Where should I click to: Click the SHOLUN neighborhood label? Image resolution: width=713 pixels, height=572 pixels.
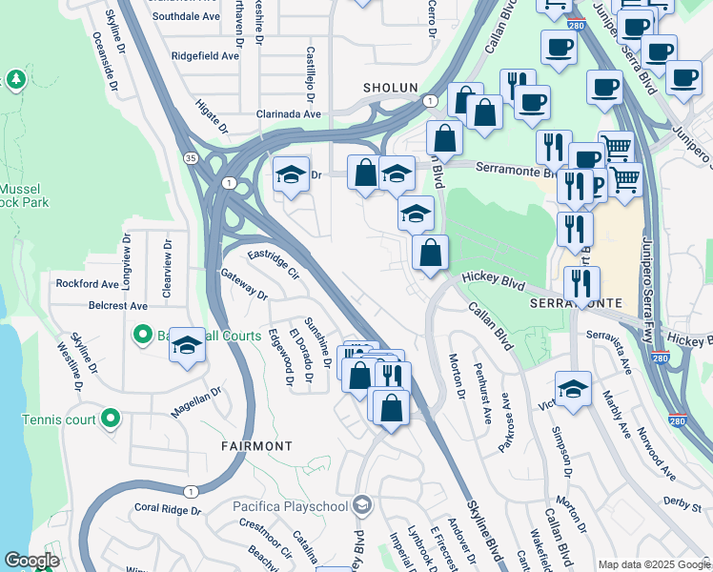coord(390,88)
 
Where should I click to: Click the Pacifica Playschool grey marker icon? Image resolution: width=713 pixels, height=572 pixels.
coord(361,503)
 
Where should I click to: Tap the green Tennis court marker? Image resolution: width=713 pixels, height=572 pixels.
coord(111,418)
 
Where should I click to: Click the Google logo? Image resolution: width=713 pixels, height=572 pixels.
coord(31,561)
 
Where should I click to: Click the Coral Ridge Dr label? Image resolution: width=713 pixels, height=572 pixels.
coord(168,509)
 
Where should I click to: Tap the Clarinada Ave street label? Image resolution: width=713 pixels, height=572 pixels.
coord(288,113)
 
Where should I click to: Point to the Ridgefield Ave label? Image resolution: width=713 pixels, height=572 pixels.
coord(204,56)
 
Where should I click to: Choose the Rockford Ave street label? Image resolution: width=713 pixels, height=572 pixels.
coord(87,284)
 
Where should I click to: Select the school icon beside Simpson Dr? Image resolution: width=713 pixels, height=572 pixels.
coord(572,390)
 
